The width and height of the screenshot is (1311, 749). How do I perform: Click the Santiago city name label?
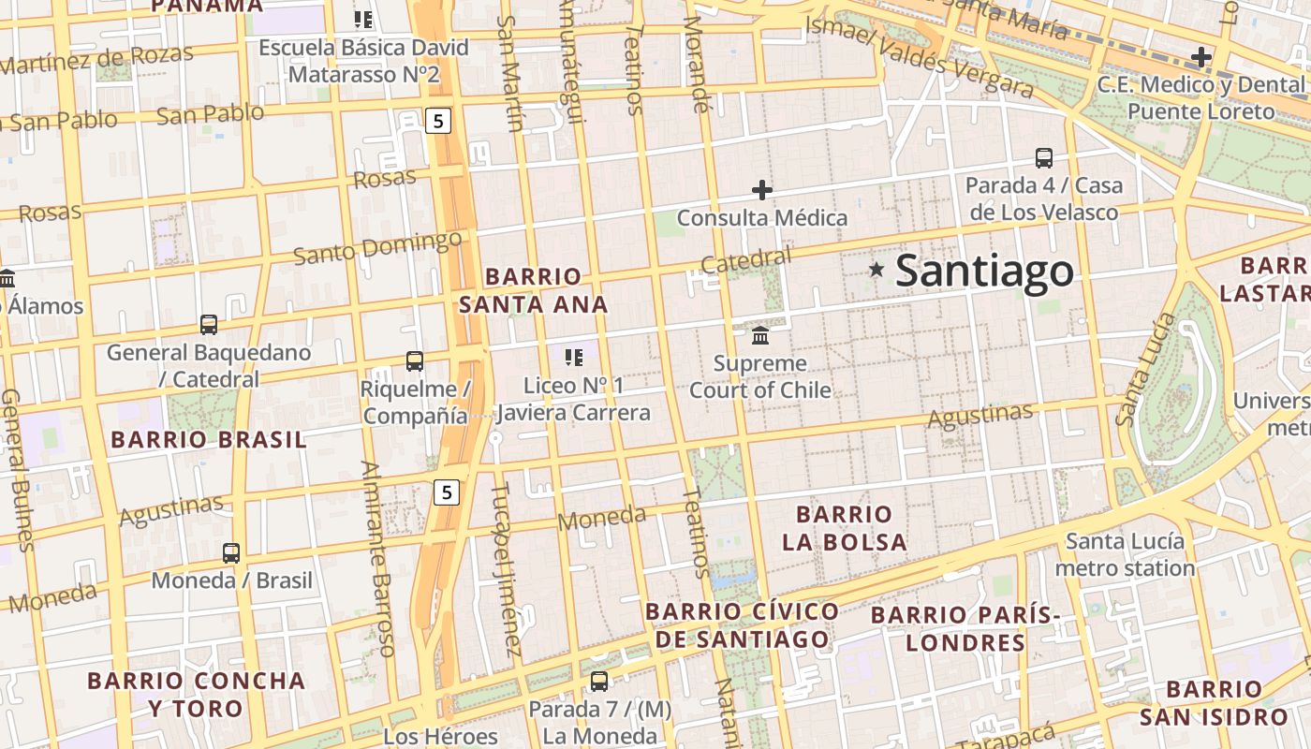(984, 271)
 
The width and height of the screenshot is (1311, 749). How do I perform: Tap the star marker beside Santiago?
(876, 270)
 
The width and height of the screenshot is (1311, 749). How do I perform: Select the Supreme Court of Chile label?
(760, 376)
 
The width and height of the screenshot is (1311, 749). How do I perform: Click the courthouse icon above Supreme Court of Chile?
(760, 335)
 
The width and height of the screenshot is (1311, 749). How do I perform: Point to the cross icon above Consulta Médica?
(762, 190)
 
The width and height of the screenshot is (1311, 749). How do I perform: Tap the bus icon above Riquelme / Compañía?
(414, 360)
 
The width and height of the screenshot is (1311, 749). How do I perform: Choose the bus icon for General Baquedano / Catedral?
(209, 325)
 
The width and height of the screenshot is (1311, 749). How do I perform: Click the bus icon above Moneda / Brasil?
(231, 553)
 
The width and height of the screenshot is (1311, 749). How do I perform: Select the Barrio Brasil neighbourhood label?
(208, 440)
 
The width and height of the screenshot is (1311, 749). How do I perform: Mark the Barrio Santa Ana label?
(533, 290)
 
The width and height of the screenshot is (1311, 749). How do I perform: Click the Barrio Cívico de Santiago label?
(742, 625)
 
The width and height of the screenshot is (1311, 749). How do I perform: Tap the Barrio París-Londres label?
(965, 629)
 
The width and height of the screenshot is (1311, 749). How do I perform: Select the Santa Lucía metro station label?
(1125, 554)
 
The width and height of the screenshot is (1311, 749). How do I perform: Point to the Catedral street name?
(745, 261)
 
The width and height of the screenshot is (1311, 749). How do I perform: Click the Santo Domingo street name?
(377, 247)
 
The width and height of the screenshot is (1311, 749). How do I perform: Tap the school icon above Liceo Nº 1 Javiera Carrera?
(574, 357)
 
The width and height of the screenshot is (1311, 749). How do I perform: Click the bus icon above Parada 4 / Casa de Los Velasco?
(1044, 157)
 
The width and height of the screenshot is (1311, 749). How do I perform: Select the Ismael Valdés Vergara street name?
(920, 56)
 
